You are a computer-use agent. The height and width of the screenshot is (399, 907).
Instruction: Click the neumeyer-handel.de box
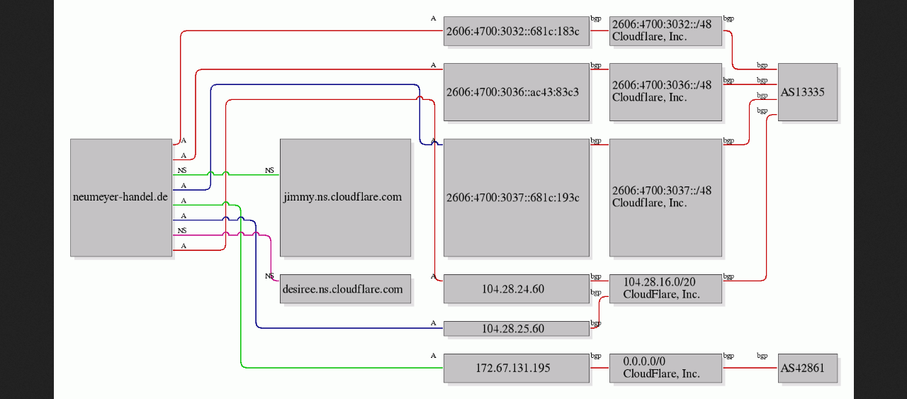(x=121, y=198)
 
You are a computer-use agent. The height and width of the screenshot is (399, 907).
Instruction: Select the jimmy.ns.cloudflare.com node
(x=345, y=198)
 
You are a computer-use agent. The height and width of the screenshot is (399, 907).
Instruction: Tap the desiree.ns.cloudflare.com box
(x=345, y=289)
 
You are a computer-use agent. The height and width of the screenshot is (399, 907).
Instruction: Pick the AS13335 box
(x=808, y=92)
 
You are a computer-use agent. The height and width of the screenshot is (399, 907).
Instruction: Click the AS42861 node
(x=808, y=369)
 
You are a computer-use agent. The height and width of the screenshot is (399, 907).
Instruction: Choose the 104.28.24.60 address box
(x=517, y=289)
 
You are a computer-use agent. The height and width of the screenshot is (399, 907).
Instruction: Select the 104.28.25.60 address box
(x=517, y=329)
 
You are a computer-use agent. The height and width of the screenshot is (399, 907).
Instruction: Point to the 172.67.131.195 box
(x=517, y=369)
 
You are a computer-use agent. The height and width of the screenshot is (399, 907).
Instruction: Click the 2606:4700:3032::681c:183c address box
(x=517, y=31)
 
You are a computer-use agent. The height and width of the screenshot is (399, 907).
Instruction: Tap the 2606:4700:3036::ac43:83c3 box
(x=517, y=92)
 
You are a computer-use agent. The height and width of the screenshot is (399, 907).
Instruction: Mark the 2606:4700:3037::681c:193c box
(x=517, y=198)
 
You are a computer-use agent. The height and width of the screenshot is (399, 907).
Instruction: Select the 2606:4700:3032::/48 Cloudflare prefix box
(x=665, y=31)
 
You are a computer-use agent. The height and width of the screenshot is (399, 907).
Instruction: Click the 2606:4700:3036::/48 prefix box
(x=665, y=92)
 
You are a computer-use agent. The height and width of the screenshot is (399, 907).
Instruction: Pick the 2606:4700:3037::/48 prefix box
(x=665, y=198)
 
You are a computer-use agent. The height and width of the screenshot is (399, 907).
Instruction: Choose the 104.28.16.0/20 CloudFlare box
(x=665, y=289)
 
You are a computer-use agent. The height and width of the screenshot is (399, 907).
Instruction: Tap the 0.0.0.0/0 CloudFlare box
(x=665, y=369)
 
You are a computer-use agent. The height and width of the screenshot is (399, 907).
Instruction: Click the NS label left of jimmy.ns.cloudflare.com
(x=269, y=171)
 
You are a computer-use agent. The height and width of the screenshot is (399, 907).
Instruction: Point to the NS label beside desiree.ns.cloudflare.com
(x=269, y=276)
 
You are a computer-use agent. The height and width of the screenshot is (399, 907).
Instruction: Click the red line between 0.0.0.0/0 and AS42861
(x=750, y=368)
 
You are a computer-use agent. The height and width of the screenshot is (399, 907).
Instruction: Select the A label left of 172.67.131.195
(x=433, y=356)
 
